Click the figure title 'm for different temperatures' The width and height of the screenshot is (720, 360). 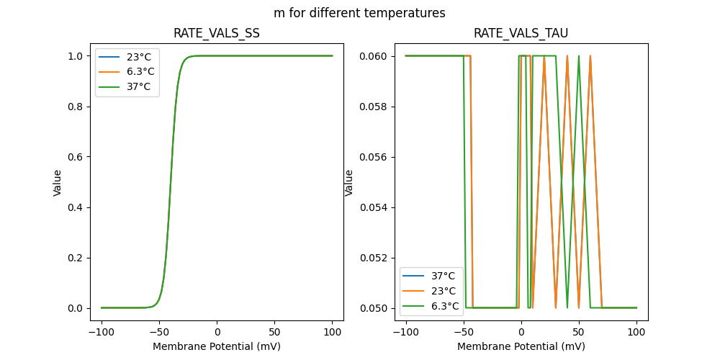point(359,13)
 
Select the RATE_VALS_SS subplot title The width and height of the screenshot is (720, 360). point(217,33)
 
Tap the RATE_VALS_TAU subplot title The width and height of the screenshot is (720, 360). point(521,33)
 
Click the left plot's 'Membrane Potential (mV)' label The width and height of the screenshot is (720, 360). point(217,346)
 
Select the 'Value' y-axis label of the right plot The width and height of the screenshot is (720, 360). point(349,182)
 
